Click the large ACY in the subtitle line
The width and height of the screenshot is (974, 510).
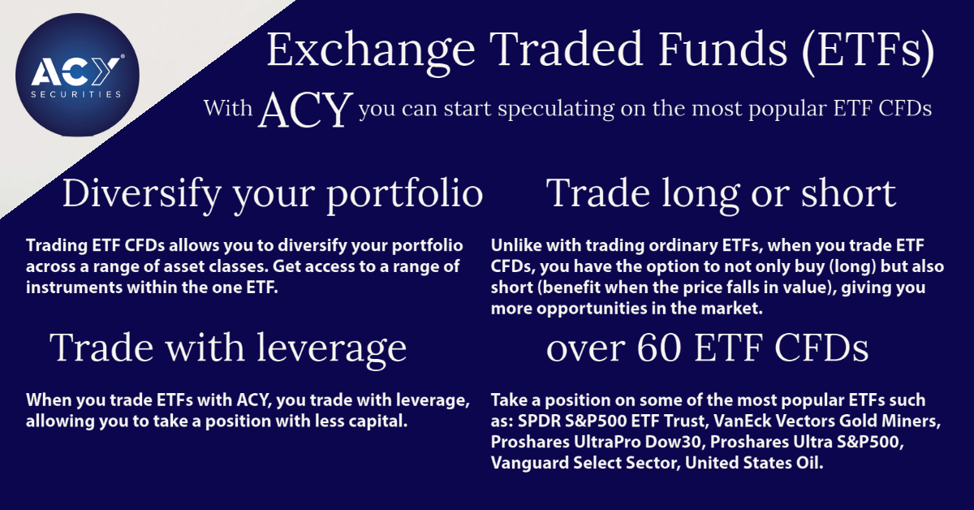pos(306,110)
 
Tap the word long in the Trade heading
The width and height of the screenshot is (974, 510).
pos(711,193)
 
